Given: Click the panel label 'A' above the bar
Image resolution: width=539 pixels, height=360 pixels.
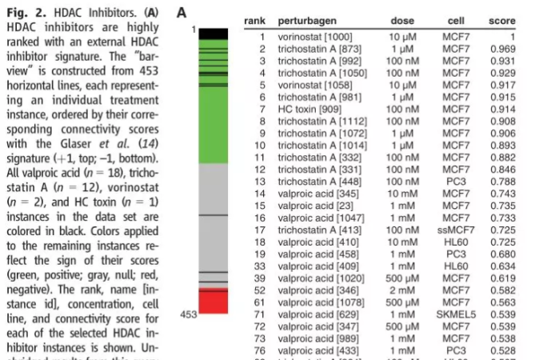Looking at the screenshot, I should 182,13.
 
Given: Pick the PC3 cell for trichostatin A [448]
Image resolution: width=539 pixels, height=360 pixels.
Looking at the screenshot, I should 457,181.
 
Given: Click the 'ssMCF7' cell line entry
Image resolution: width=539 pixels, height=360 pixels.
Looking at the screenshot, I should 457,230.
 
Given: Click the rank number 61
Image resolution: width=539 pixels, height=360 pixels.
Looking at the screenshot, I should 260,302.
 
